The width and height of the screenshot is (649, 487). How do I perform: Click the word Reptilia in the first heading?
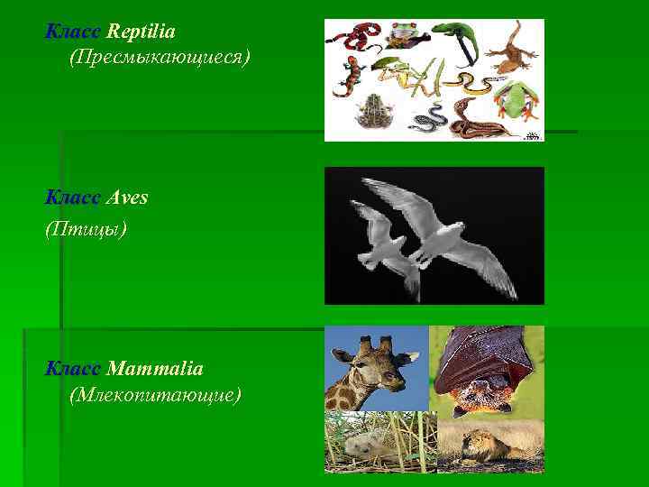tap(141, 32)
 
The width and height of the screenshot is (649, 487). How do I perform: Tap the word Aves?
tap(126, 198)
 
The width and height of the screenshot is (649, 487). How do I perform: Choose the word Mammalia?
tap(154, 369)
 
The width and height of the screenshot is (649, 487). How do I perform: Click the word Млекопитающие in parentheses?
tap(154, 395)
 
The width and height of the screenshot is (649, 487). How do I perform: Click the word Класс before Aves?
tap(74, 198)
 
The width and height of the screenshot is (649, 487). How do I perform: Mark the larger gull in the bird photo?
tap(433, 225)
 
